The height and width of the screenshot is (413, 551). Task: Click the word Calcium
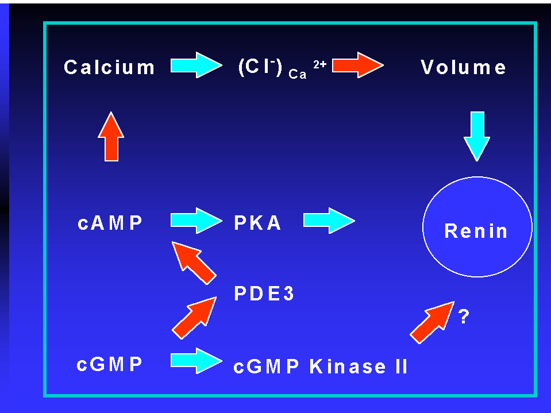click(x=109, y=67)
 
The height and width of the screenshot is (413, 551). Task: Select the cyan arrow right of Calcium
click(x=196, y=65)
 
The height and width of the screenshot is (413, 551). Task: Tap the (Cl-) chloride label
click(x=260, y=67)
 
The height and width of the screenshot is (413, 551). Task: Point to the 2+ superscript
click(x=320, y=64)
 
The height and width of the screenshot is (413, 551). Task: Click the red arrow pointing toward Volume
click(x=358, y=65)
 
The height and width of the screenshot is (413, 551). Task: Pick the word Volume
click(x=463, y=67)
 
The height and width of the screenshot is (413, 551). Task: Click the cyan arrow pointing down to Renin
click(x=477, y=136)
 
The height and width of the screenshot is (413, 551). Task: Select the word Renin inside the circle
click(x=476, y=231)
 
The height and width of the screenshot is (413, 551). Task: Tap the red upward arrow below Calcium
click(x=111, y=136)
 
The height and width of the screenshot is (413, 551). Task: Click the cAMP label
click(x=110, y=223)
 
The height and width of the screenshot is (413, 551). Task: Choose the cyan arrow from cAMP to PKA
click(x=196, y=221)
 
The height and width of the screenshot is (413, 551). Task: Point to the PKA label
click(x=257, y=223)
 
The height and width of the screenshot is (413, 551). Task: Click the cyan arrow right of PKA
click(x=329, y=221)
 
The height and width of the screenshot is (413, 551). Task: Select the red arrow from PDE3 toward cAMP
click(x=194, y=263)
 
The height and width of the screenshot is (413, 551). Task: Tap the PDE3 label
click(x=264, y=294)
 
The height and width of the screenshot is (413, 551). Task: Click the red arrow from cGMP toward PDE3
click(x=194, y=318)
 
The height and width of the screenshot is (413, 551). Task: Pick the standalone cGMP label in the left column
click(x=109, y=364)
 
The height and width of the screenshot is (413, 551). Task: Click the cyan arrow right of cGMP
click(x=196, y=361)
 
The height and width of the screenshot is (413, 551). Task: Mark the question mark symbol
click(x=464, y=316)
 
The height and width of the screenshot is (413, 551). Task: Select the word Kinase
click(x=348, y=366)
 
